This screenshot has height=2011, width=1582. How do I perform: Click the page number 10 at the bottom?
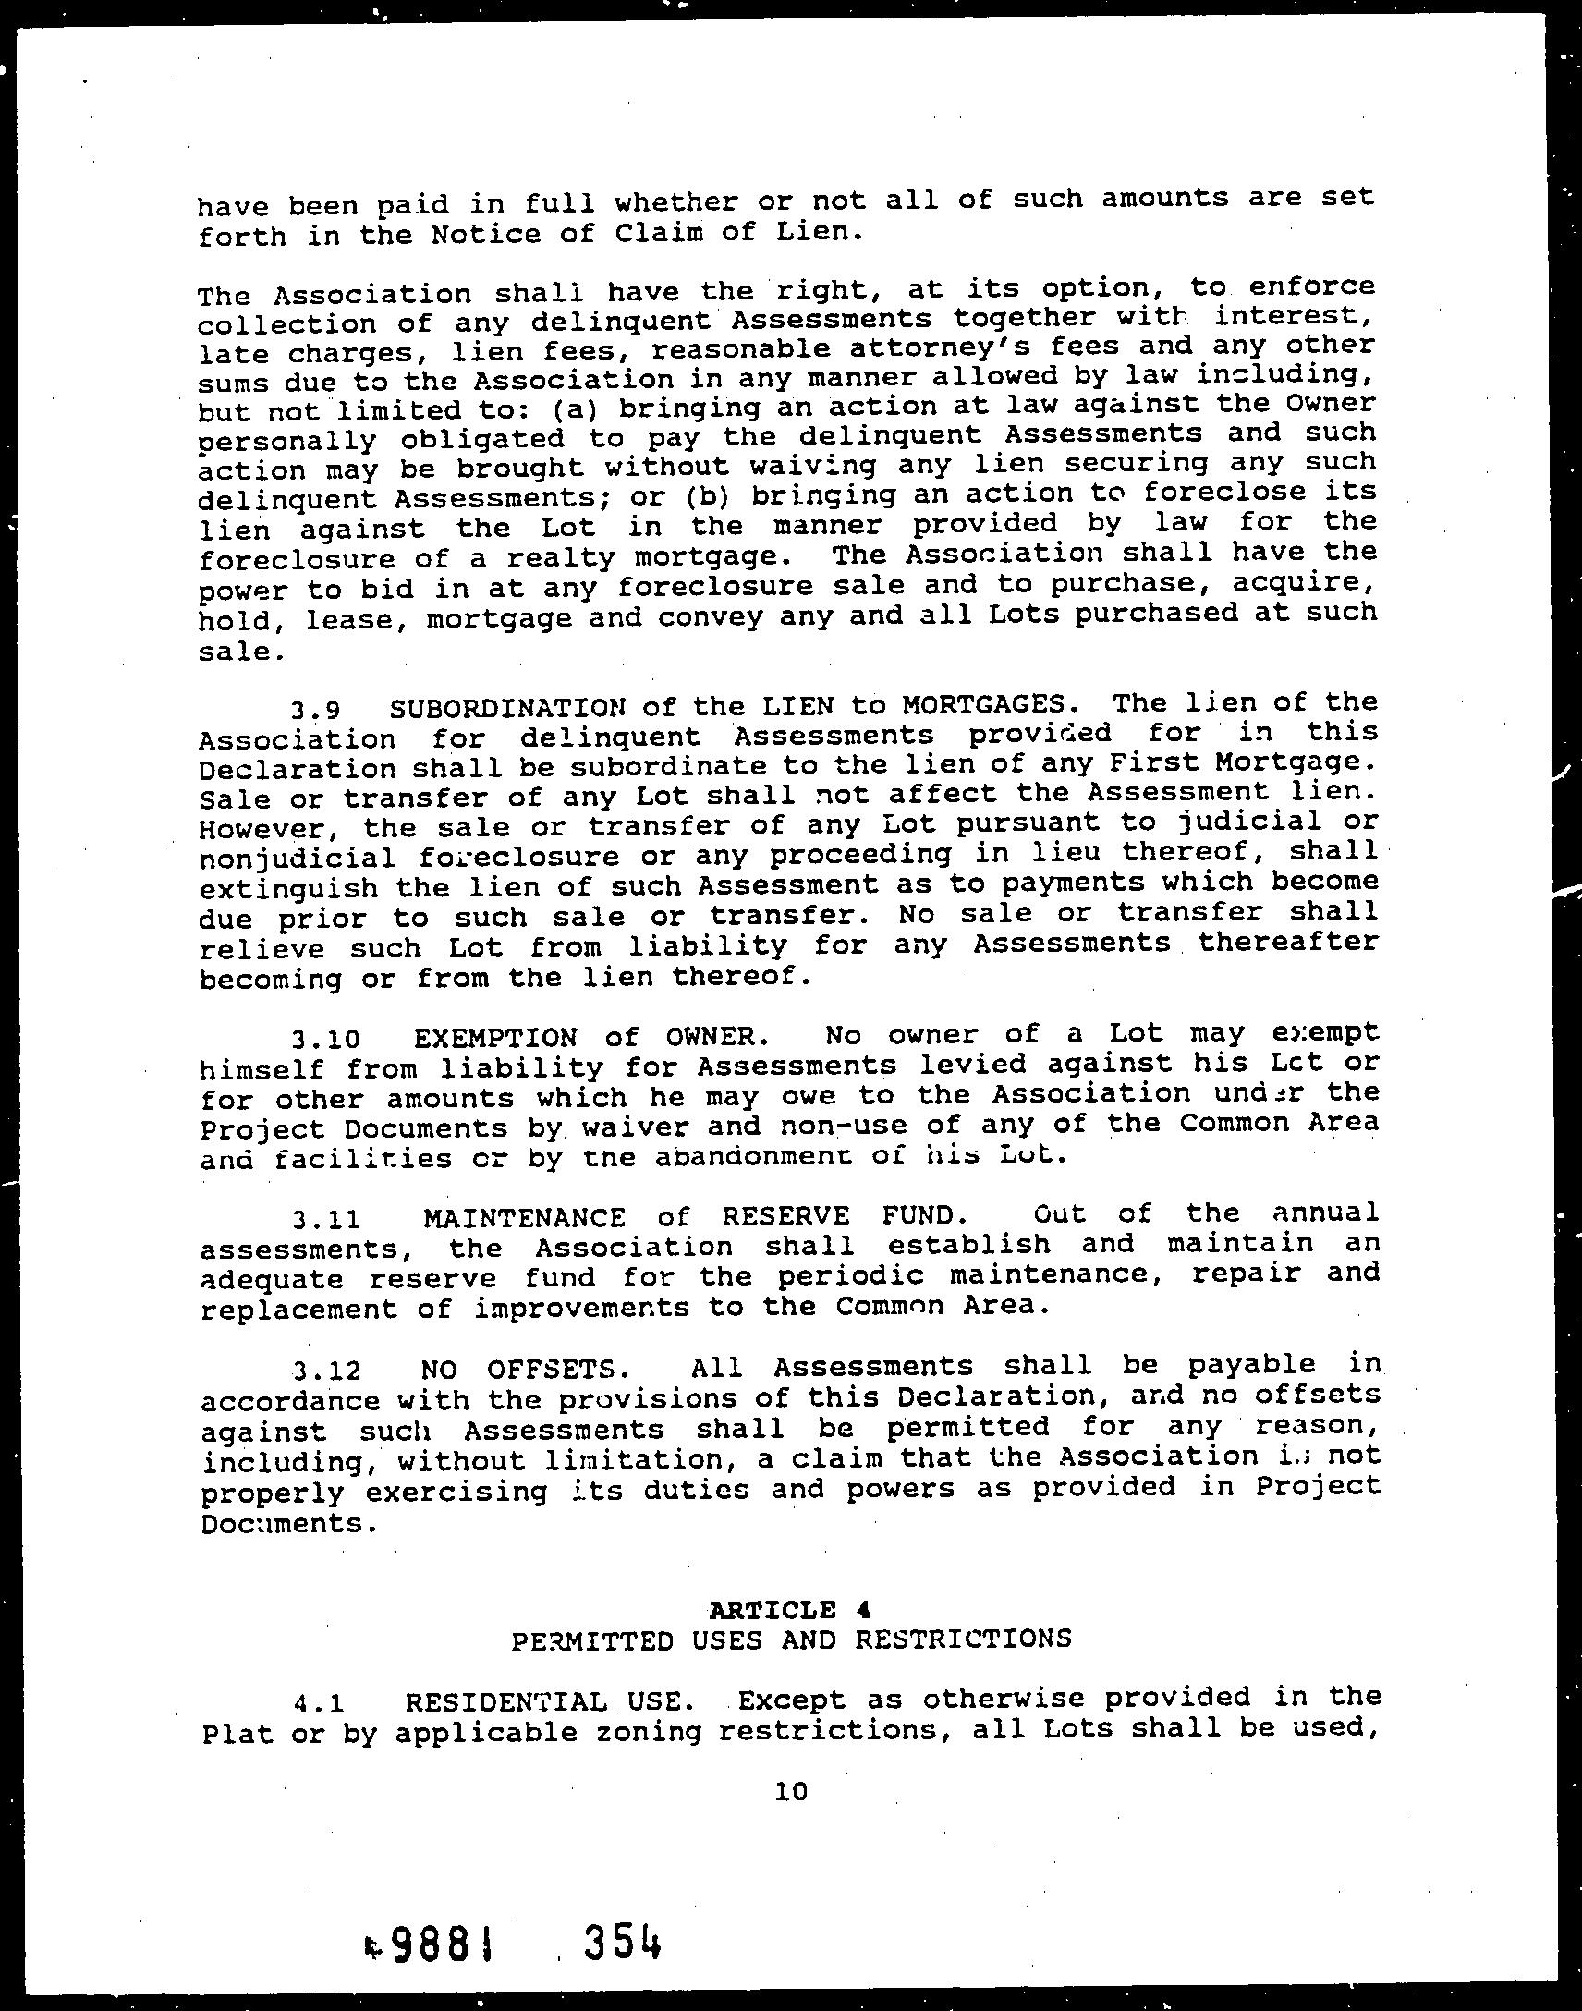(x=791, y=1791)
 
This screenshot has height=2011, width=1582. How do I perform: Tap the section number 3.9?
(x=315, y=711)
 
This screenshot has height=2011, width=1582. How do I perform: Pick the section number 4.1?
(x=319, y=1702)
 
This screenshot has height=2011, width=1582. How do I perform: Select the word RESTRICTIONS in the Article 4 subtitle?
(x=963, y=1639)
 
